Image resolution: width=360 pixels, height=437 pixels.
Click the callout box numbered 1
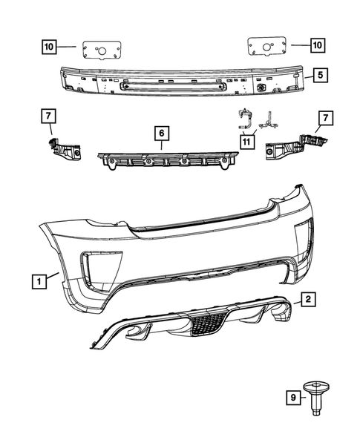[37, 280]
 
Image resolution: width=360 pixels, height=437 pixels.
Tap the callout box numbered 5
[318, 74]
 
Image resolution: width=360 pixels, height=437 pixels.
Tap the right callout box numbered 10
[317, 46]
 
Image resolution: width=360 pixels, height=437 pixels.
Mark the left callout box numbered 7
[48, 116]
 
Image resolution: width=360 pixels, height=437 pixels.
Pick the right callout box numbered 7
[324, 117]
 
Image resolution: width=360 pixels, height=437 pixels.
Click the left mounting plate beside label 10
[96, 49]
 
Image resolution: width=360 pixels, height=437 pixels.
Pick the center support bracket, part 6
[165, 159]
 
